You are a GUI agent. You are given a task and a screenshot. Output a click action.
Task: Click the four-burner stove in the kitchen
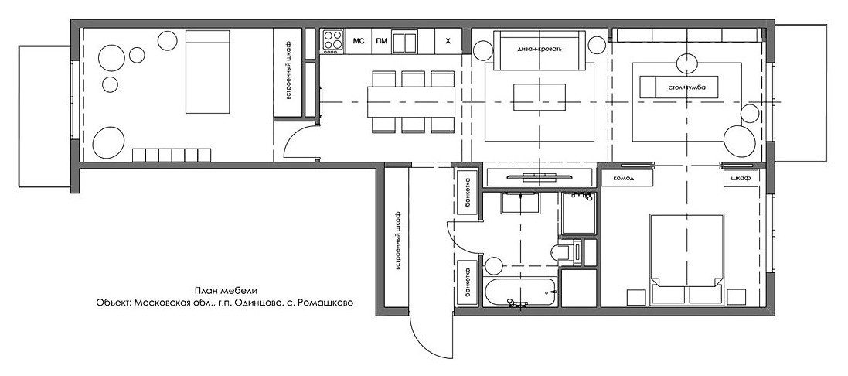coord(333,41)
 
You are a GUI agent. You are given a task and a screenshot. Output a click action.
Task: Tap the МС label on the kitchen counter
coord(358,40)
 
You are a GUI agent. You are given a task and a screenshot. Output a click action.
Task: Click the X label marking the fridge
coord(448,40)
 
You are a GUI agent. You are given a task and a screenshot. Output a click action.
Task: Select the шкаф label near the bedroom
coord(740,178)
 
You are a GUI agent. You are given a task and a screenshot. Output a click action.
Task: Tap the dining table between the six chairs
coord(411,101)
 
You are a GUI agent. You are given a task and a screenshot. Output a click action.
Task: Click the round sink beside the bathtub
coord(494,265)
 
